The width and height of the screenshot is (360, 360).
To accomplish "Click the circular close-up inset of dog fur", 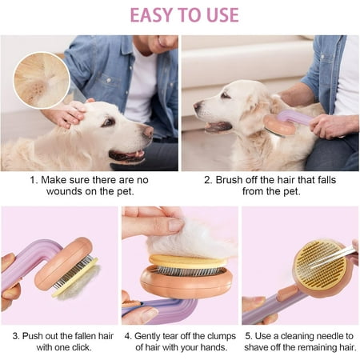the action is (42, 80).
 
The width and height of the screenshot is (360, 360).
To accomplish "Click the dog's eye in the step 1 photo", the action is (109, 122).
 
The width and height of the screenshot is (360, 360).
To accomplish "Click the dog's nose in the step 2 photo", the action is (198, 106).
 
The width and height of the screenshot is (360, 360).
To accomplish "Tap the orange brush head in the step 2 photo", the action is (280, 125).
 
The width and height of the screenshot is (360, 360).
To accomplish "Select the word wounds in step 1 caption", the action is (64, 191).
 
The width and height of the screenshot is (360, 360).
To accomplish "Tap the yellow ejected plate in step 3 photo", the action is (75, 278).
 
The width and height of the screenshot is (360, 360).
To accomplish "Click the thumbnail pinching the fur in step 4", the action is (176, 225).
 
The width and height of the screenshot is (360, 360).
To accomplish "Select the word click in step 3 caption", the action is (80, 347).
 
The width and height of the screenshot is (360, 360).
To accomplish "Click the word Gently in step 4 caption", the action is (146, 337).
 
